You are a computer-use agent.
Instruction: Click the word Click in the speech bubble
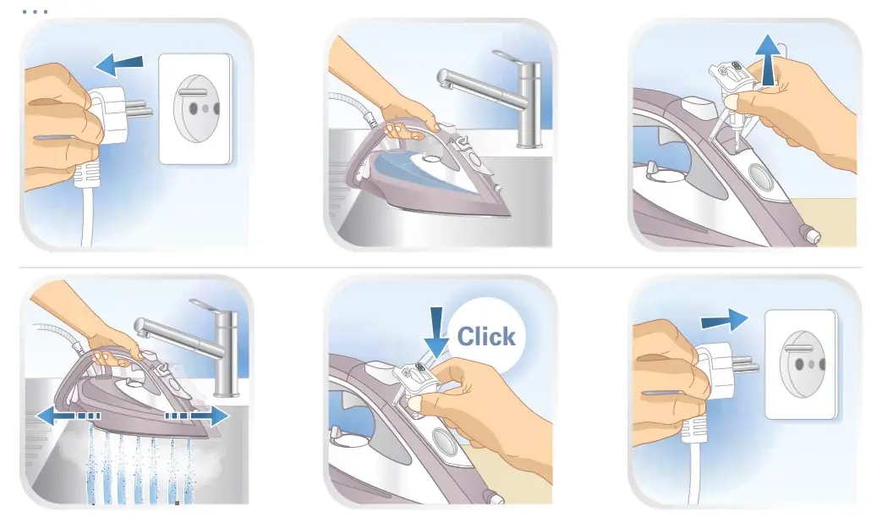pyautogui.click(x=486, y=337)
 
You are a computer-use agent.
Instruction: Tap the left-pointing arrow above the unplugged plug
pyautogui.click(x=118, y=63)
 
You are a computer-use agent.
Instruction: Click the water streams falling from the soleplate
pyautogui.click(x=135, y=466)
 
